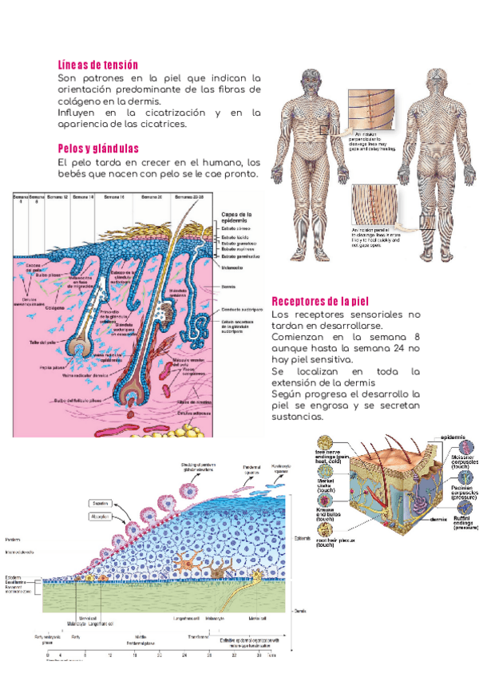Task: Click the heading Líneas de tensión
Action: point(98,64)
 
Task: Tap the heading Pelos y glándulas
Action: point(98,148)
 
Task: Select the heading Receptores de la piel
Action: point(319,301)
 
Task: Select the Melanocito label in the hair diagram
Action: point(232,267)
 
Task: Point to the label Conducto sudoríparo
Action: point(242,309)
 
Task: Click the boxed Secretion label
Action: point(99,504)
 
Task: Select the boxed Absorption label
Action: point(100,517)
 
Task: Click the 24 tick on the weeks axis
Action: point(184,654)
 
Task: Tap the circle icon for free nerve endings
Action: point(326,444)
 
